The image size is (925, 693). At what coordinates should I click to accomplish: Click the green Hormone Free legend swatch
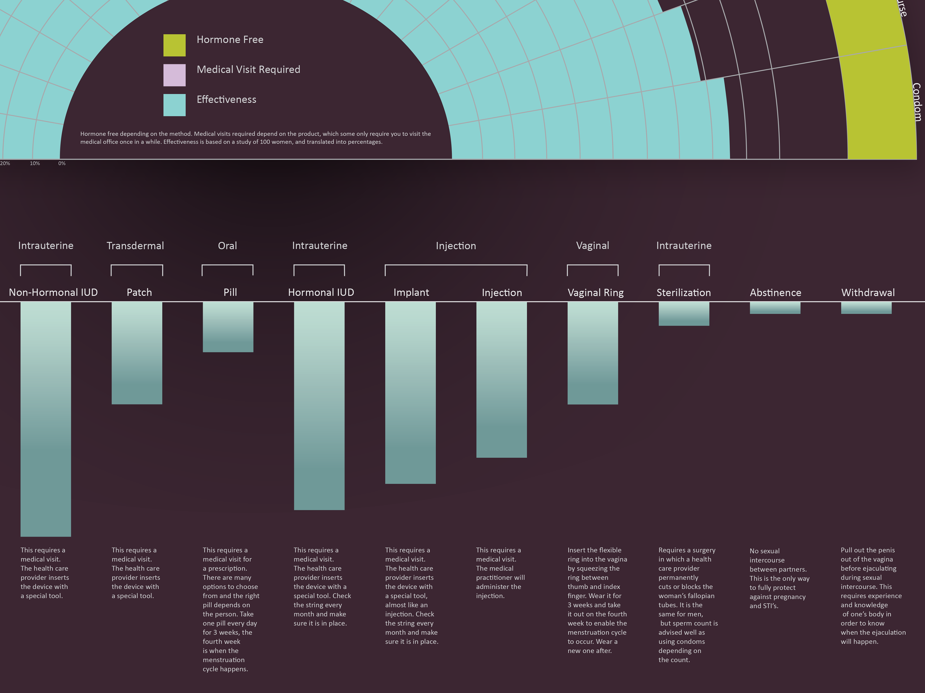point(174,45)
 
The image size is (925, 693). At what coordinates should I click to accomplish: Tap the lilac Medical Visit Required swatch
point(174,75)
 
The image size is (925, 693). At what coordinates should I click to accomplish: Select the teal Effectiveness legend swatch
point(174,105)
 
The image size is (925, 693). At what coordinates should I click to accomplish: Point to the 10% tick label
point(35,163)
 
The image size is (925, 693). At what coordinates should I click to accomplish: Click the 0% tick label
point(62,163)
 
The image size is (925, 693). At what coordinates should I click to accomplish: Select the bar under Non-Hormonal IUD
point(46,419)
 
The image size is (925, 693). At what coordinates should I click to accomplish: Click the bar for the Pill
point(228,327)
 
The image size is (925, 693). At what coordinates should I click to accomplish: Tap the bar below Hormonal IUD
point(319,406)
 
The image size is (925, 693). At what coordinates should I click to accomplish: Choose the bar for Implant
point(410,393)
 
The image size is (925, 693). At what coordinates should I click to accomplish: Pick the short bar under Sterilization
point(684,314)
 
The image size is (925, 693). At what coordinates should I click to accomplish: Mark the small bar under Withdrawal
point(866,308)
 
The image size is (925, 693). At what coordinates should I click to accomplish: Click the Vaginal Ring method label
point(595,292)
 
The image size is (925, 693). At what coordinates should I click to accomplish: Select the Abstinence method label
point(775,292)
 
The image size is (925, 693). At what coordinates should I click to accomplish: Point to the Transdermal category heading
point(135,246)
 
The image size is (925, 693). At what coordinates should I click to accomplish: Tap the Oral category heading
point(227,246)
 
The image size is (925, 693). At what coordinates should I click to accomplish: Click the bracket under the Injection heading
point(456,266)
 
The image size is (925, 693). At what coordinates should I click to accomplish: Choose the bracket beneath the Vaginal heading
point(593,266)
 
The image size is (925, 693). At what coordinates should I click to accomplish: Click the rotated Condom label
point(916,102)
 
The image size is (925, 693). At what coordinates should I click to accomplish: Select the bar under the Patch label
point(137,353)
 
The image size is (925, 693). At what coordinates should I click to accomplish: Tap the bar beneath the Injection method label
point(501,380)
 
